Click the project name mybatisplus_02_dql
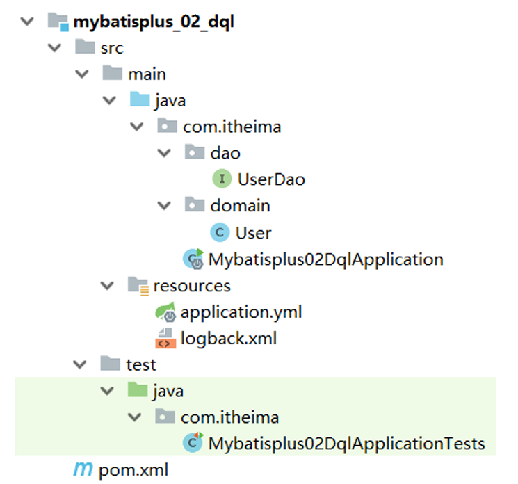pos(154,22)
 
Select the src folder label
pos(113,48)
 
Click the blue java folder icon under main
pos(140,100)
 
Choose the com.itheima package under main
pos(232,127)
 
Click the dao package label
pos(225,153)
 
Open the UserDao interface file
pos(271,179)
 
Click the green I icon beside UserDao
pos(221,179)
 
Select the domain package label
pos(240,206)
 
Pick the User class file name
pos(253,232)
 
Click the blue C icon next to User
pos(220,232)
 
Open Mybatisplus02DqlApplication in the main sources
pos(325,259)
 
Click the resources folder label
pos(192,286)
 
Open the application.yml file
pos(241,312)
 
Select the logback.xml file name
pos(229,339)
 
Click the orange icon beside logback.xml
pos(164,339)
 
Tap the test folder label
pos(140,364)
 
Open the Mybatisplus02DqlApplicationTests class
pos(346,443)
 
